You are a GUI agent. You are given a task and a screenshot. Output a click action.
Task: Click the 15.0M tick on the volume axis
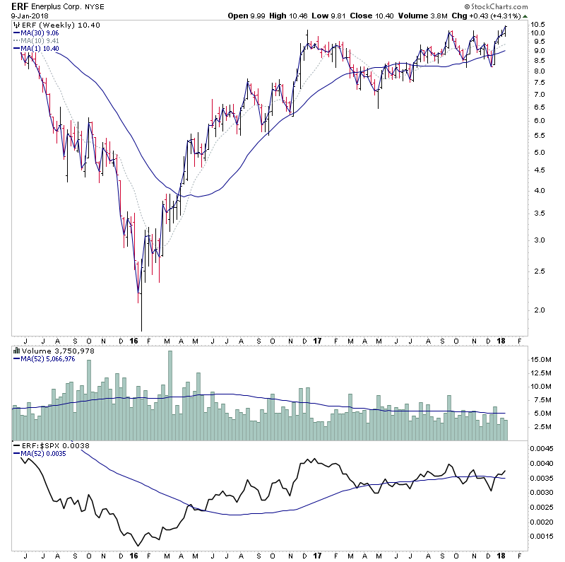(x=540, y=359)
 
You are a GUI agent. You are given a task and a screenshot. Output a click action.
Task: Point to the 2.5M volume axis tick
(x=540, y=427)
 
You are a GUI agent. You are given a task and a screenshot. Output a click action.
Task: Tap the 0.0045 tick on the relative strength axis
(x=541, y=448)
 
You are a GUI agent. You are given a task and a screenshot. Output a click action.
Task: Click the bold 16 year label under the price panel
(x=134, y=341)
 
